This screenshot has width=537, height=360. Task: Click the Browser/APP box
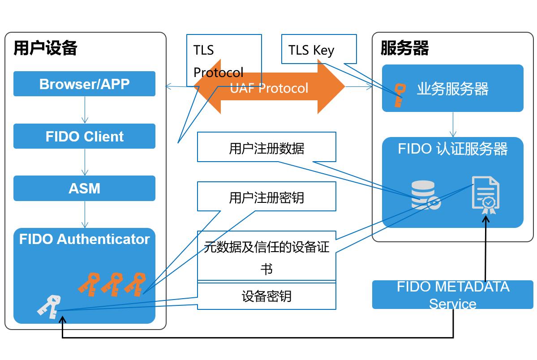pos(84,84)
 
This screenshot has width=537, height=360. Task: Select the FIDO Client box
pos(84,136)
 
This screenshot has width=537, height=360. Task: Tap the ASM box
pos(84,188)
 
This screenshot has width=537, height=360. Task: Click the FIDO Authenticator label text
pos(84,239)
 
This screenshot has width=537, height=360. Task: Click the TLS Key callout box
pos(319,49)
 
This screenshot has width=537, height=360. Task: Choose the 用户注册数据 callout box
pos(266,147)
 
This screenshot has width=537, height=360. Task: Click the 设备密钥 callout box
pos(266,296)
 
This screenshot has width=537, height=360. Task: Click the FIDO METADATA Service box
pos(452,295)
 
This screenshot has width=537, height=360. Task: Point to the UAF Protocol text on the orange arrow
pos(269,88)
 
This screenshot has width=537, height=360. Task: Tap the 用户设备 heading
pos(45,48)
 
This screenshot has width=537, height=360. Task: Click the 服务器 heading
pos(404,48)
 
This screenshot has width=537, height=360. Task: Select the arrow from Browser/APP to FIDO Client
pos(85,110)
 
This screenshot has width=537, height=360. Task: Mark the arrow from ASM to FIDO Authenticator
pos(85,214)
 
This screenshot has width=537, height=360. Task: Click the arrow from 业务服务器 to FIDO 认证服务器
pos(453,124)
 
